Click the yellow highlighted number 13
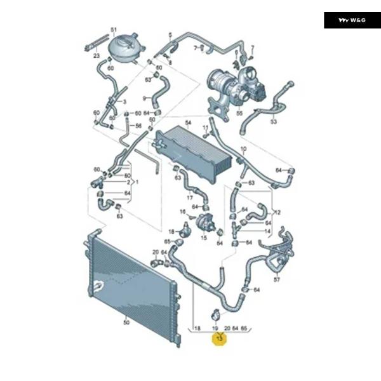pos(220,340)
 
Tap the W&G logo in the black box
pos(352,20)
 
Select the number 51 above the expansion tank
pos(114,30)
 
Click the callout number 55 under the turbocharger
pos(239,114)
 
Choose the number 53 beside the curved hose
pos(274,121)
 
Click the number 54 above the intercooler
pos(188,122)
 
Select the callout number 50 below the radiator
pos(126,322)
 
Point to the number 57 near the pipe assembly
pos(276,279)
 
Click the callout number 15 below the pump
pos(204,238)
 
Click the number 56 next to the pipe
pos(138,126)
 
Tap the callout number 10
pos(243,150)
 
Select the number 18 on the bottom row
pos(198,330)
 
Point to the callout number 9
pos(144,98)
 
